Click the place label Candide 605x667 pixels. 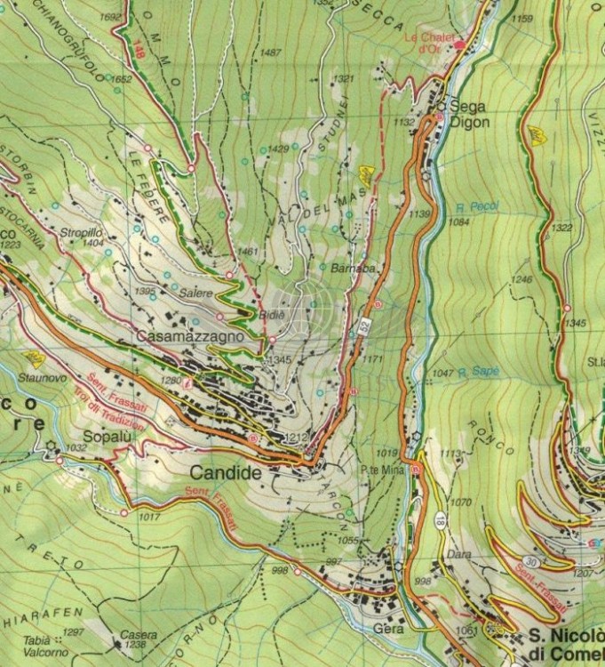click(227, 473)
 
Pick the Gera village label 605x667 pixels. click(388, 628)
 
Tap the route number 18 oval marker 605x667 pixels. click(440, 518)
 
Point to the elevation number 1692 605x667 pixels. click(111, 17)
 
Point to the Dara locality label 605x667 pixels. click(459, 553)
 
